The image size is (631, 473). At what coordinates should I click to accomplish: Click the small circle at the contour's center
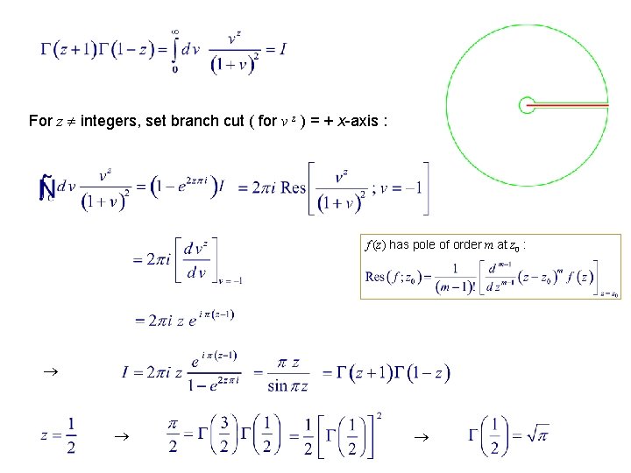coord(527,105)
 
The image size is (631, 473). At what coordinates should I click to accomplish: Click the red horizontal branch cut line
coord(571,102)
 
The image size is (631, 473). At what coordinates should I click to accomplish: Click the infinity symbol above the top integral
coord(175,31)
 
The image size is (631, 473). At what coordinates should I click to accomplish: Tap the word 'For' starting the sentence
coord(40,120)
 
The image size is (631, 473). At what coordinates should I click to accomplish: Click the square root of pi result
coord(536,433)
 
